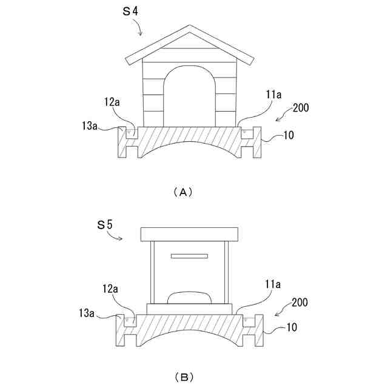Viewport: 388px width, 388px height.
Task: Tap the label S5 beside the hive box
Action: [105, 225]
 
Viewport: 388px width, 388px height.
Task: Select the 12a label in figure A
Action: [112, 102]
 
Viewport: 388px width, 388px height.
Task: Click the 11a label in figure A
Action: [273, 95]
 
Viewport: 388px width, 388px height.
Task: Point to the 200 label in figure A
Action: [301, 108]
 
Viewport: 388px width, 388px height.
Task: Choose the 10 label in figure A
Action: [289, 135]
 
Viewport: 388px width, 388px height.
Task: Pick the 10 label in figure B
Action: [292, 328]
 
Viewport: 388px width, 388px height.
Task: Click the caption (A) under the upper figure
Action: [182, 192]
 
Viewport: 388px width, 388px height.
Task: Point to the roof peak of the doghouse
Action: [190, 28]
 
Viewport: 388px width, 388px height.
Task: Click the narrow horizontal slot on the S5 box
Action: [189, 256]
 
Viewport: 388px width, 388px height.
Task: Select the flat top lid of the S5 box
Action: [190, 233]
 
